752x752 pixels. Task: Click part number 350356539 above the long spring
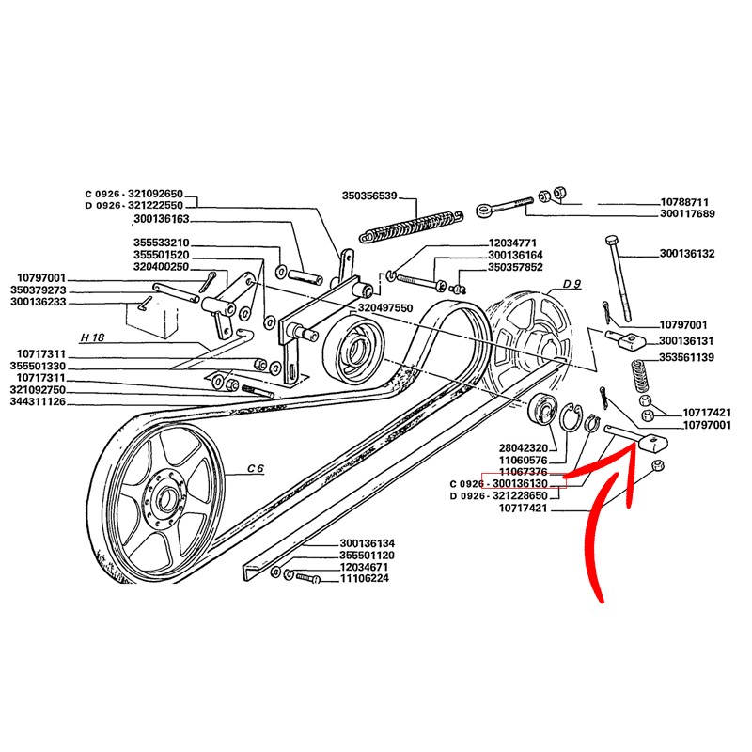pyautogui.click(x=370, y=196)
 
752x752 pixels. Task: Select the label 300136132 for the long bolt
pyautogui.click(x=687, y=254)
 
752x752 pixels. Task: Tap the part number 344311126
pyautogui.click(x=38, y=401)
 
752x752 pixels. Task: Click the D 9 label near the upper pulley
pyautogui.click(x=572, y=284)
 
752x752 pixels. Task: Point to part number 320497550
pyautogui.click(x=386, y=307)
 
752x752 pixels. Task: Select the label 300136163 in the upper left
pyautogui.click(x=161, y=219)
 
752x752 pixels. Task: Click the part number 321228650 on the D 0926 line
pyautogui.click(x=532, y=494)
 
